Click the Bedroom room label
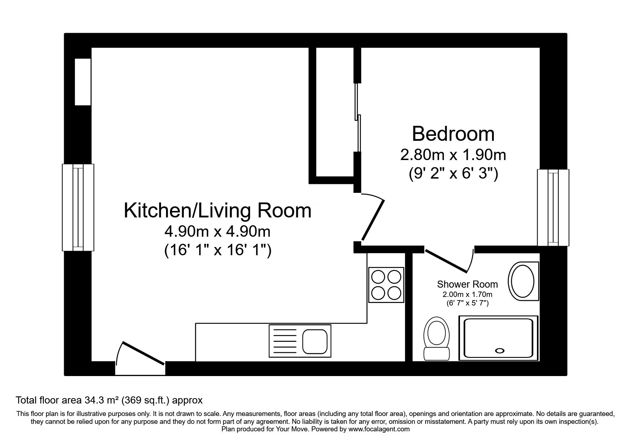(x=453, y=134)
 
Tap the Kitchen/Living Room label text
(x=218, y=210)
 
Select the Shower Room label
(x=467, y=284)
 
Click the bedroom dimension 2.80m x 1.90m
(x=453, y=155)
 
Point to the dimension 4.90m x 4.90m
(x=217, y=232)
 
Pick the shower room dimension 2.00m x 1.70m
(x=467, y=294)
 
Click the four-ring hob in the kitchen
(x=386, y=285)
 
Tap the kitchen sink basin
(x=315, y=341)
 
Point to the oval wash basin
(x=522, y=281)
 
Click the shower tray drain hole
(x=500, y=351)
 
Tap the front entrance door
(x=144, y=353)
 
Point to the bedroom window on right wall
(x=553, y=207)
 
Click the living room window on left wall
(x=78, y=207)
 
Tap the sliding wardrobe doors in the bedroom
(x=358, y=117)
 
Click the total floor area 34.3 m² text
(x=109, y=400)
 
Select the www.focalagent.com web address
(x=379, y=429)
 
